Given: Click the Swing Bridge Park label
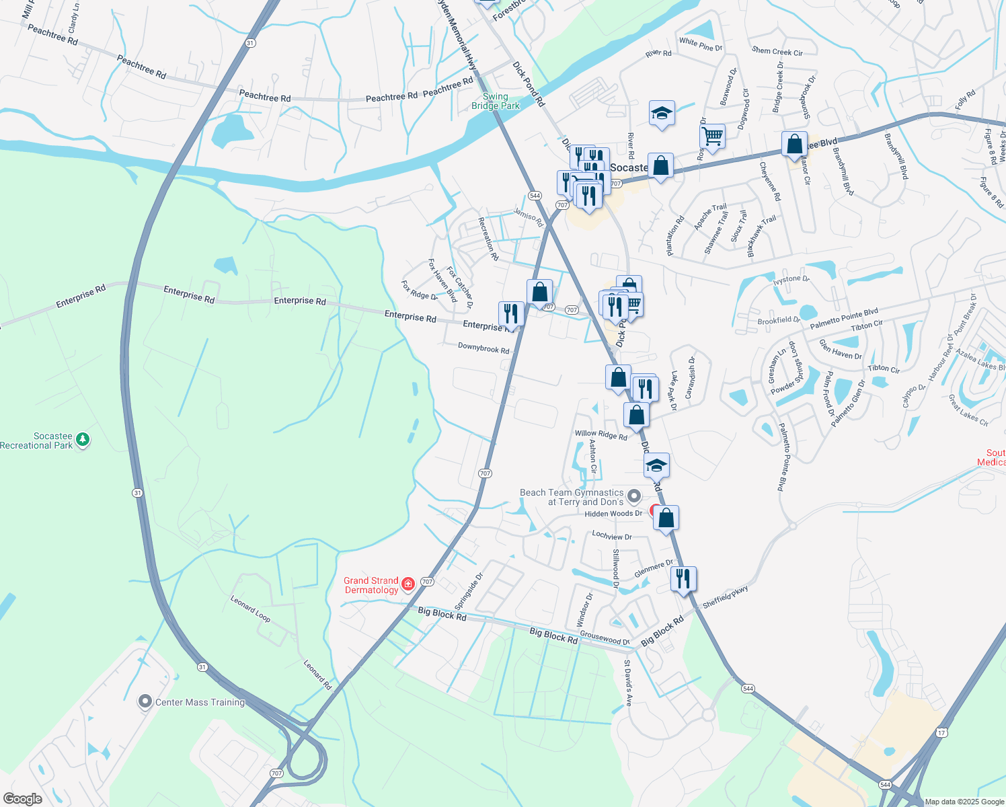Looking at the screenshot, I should click(496, 101).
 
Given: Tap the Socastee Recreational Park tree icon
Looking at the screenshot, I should click(83, 440).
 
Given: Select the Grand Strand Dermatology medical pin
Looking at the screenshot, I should click(408, 584).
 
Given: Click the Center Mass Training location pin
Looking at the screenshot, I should click(145, 702).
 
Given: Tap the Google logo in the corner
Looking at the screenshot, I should click(22, 799).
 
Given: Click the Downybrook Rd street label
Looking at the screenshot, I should click(483, 348).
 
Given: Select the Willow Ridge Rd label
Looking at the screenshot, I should click(601, 435).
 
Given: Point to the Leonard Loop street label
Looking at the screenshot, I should click(250, 609).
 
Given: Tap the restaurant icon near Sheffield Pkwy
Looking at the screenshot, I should click(683, 578).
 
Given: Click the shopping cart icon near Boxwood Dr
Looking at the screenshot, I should click(712, 137).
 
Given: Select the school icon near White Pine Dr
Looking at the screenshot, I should click(662, 113).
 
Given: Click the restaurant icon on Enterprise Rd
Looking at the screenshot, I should click(511, 313).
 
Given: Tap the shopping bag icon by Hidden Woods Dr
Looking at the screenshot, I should click(666, 518).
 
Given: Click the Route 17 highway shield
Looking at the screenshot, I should click(943, 732).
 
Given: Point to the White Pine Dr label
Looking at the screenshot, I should click(700, 44).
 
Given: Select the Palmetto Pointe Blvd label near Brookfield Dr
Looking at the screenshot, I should click(844, 319).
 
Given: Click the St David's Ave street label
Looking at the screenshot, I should click(628, 682).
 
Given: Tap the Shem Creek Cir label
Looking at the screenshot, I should click(777, 51).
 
